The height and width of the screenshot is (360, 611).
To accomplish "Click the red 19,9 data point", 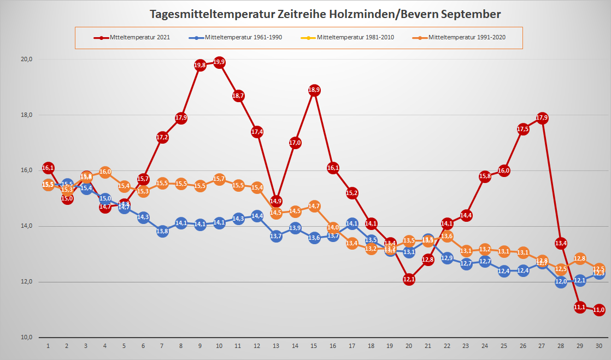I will (x=219, y=62).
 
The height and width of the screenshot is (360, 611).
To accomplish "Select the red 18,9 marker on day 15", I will (x=314, y=90).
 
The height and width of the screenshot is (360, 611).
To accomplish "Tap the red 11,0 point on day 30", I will (x=599, y=310).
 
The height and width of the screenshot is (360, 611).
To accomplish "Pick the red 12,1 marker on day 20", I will (x=409, y=279).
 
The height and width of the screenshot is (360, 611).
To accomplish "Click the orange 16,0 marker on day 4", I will (x=105, y=172).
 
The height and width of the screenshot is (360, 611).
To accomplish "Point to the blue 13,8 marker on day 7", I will (x=162, y=231).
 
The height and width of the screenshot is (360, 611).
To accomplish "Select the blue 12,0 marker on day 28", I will (x=561, y=282).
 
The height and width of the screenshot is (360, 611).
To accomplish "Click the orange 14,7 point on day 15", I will (x=314, y=206).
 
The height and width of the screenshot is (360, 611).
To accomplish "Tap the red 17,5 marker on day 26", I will (x=523, y=129).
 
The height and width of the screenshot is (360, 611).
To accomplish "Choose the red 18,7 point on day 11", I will (x=238, y=96).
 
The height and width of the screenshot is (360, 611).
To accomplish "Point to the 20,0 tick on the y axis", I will (x=26, y=60).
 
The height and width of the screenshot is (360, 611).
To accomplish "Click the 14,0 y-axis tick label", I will (x=26, y=226).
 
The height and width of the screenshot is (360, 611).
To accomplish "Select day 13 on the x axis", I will (x=276, y=346).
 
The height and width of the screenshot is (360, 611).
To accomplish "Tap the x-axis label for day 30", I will (x=599, y=346).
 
